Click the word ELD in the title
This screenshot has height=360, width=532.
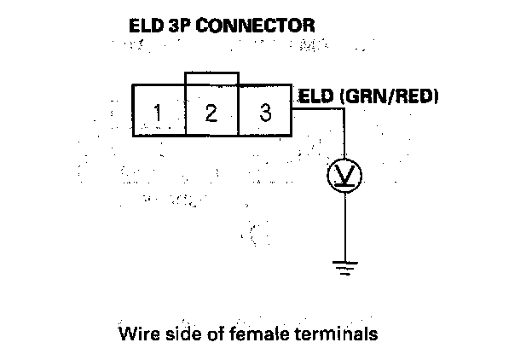tap(146, 27)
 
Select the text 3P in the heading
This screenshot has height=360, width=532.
tap(179, 27)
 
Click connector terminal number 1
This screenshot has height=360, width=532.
tap(158, 112)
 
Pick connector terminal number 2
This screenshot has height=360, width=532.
tap(211, 112)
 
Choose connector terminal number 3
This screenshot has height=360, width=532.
tap(265, 112)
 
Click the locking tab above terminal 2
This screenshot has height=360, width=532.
tap(211, 78)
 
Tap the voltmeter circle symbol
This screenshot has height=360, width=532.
tap(345, 175)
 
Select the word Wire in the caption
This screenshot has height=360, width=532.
tap(139, 333)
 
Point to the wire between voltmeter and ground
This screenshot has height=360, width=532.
tap(345, 226)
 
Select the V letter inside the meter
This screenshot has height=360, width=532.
tap(345, 174)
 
